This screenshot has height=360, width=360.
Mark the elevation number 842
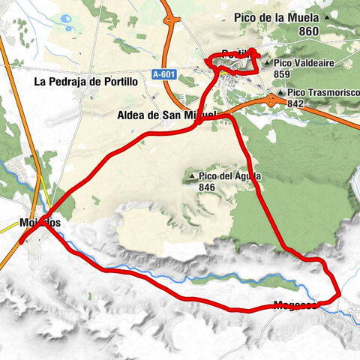(x=295, y=103)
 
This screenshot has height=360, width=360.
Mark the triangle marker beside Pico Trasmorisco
(x=280, y=92)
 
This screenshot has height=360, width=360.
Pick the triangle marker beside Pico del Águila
(x=193, y=176)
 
